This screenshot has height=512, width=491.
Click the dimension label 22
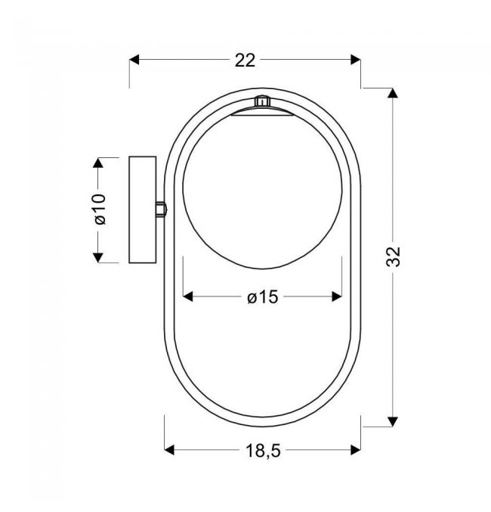[x=245, y=61]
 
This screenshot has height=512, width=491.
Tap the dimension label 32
[x=394, y=256]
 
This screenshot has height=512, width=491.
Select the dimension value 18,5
[x=263, y=451]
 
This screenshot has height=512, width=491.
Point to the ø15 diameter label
[x=263, y=297]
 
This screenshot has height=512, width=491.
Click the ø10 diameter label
[x=100, y=209]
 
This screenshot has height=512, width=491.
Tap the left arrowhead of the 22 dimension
[x=134, y=60]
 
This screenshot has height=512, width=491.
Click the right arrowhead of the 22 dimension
[x=356, y=60]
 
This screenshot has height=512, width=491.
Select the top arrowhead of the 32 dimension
[x=393, y=93]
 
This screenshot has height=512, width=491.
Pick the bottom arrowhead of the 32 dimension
[x=393, y=421]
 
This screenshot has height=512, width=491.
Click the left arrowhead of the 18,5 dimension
[x=169, y=450]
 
